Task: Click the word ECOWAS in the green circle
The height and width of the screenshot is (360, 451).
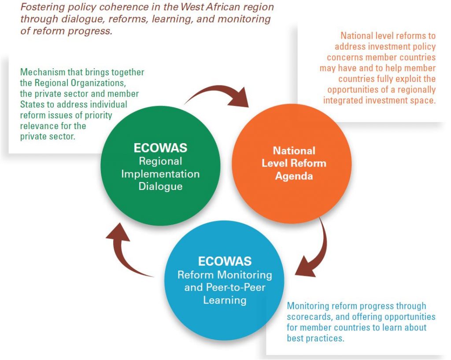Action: (160, 148)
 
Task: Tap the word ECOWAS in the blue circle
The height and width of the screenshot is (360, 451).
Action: (225, 261)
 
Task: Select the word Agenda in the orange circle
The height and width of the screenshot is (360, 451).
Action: (294, 176)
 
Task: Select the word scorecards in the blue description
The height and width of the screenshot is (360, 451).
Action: (308, 317)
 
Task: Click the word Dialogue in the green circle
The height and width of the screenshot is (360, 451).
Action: (160, 186)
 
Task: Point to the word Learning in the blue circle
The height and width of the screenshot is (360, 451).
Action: (225, 300)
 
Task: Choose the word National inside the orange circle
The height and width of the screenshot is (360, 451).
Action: (294, 151)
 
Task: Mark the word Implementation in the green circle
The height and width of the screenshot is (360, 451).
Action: (160, 174)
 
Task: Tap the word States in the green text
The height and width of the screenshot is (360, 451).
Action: (30, 104)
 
